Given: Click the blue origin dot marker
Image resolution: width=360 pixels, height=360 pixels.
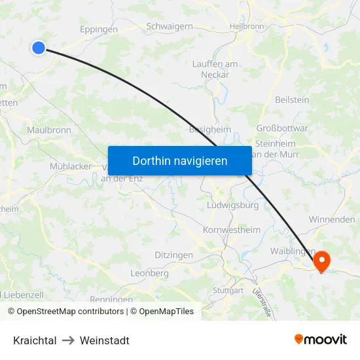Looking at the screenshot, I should [x=39, y=47].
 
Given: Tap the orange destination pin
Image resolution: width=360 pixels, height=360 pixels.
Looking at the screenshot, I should [x=322, y=261].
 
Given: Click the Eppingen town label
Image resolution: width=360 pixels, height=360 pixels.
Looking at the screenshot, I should [x=98, y=29].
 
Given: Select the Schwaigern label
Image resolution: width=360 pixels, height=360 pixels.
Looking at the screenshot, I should [x=169, y=26].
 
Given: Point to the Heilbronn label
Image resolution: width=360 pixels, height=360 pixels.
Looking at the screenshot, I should [x=247, y=26].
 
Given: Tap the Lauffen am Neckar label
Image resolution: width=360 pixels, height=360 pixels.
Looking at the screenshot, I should [x=215, y=69].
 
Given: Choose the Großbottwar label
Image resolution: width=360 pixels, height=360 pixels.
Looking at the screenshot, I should [x=281, y=128].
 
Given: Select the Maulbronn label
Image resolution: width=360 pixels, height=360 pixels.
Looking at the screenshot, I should [x=49, y=130].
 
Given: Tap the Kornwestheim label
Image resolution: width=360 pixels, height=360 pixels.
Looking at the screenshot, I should [x=232, y=230].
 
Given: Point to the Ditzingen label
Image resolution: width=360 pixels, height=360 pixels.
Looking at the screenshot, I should [x=173, y=255].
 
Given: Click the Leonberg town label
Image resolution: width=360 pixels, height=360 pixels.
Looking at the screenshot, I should [x=149, y=273].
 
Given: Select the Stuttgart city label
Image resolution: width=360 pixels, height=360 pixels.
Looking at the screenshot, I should [x=228, y=290].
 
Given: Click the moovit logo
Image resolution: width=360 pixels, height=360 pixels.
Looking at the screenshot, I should [x=321, y=340].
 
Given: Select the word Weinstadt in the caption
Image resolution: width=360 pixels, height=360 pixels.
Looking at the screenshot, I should [x=105, y=340].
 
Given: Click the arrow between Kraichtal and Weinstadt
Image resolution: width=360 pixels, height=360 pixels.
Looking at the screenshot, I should [x=68, y=340].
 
